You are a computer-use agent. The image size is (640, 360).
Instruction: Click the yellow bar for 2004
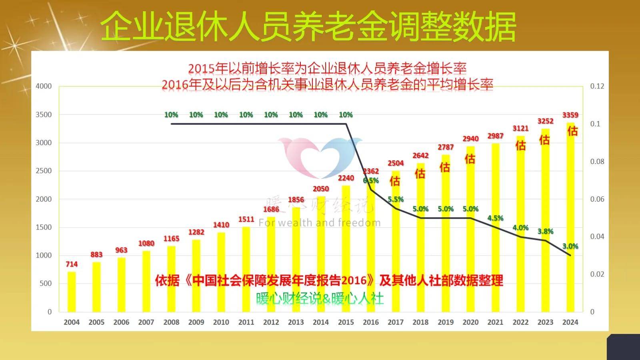(72, 292)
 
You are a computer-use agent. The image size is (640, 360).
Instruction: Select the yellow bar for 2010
(221, 272)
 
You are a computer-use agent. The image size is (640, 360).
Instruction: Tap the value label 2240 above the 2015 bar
(346, 178)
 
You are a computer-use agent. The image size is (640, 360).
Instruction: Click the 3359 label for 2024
(570, 115)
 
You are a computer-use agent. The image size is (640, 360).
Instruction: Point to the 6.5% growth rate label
(371, 180)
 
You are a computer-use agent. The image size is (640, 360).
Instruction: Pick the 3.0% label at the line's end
(570, 246)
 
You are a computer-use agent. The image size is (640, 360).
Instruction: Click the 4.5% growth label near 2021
(495, 218)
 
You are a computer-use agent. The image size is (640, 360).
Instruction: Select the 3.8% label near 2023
(545, 231)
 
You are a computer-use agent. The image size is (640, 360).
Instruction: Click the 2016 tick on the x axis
(370, 322)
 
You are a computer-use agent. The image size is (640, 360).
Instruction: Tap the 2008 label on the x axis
(171, 322)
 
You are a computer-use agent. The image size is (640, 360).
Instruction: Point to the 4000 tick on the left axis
(44, 86)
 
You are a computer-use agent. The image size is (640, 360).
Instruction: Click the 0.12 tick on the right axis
(597, 86)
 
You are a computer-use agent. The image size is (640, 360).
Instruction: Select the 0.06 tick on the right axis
(597, 199)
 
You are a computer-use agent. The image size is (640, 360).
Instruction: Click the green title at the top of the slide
(308, 26)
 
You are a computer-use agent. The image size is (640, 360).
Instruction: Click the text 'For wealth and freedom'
(319, 223)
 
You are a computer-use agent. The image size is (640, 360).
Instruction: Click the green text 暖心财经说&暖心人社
(320, 298)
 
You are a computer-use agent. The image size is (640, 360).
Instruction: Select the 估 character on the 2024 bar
(572, 131)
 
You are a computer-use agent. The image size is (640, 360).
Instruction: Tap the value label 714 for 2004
(72, 264)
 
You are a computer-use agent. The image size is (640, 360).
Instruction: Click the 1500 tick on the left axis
(44, 227)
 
